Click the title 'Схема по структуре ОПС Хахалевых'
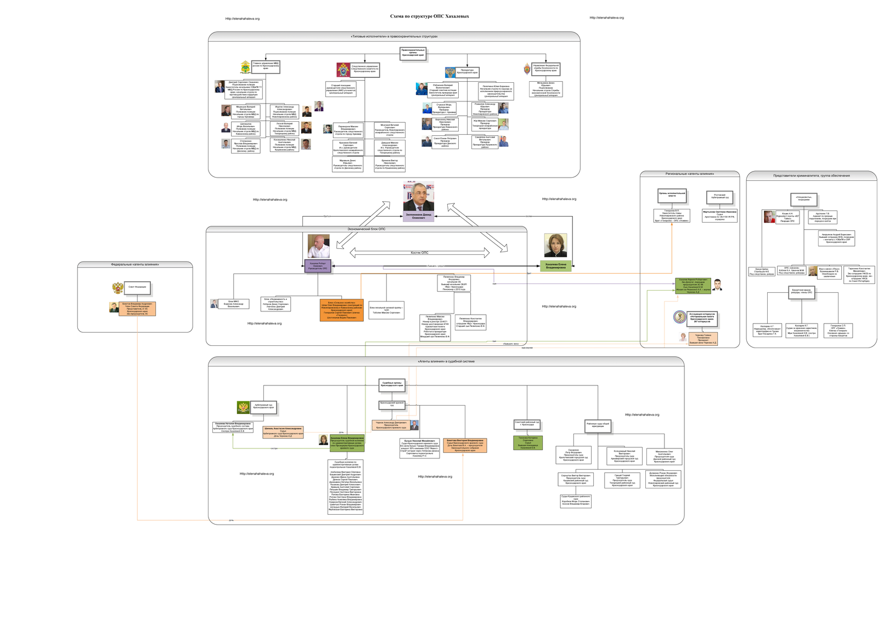click(429, 16)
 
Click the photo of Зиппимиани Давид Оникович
click(418, 197)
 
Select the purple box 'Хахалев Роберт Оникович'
click(318, 266)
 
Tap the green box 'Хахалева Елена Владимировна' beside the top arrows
click(555, 266)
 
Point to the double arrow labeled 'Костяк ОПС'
click(419, 253)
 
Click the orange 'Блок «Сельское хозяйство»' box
click(341, 310)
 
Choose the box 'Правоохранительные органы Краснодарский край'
click(413, 53)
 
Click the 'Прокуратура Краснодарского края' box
click(467, 72)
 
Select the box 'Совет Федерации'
click(137, 287)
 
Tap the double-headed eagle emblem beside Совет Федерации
click(117, 288)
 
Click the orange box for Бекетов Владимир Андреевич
click(137, 309)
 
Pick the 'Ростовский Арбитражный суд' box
click(719, 196)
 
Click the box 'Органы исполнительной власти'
click(672, 195)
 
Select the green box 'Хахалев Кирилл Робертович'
click(693, 286)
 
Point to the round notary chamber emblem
click(679, 317)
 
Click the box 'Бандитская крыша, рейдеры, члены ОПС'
click(802, 292)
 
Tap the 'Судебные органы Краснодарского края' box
click(392, 384)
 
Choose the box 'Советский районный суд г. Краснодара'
click(527, 424)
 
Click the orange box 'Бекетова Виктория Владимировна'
click(465, 445)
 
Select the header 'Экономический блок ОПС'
click(366, 229)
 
